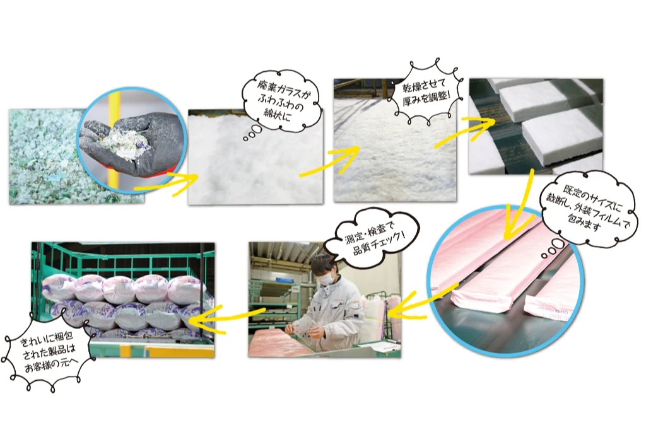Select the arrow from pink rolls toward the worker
[x=423, y=303]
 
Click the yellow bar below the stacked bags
[x=180, y=352]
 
